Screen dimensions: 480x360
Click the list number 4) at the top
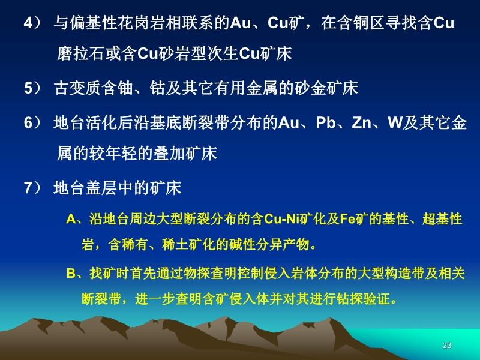click(32, 23)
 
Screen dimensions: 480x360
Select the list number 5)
click(32, 88)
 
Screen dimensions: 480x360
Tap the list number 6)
click(32, 123)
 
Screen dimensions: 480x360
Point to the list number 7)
click(32, 188)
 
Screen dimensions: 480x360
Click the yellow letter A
click(71, 220)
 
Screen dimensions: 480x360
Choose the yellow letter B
click(71, 274)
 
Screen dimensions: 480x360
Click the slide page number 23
click(446, 346)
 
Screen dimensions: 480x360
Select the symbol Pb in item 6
click(325, 122)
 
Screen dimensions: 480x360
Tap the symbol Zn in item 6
click(361, 122)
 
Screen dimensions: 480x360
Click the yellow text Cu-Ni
click(281, 219)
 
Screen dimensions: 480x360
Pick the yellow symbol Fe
click(347, 219)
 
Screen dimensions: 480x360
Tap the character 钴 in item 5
click(158, 88)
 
